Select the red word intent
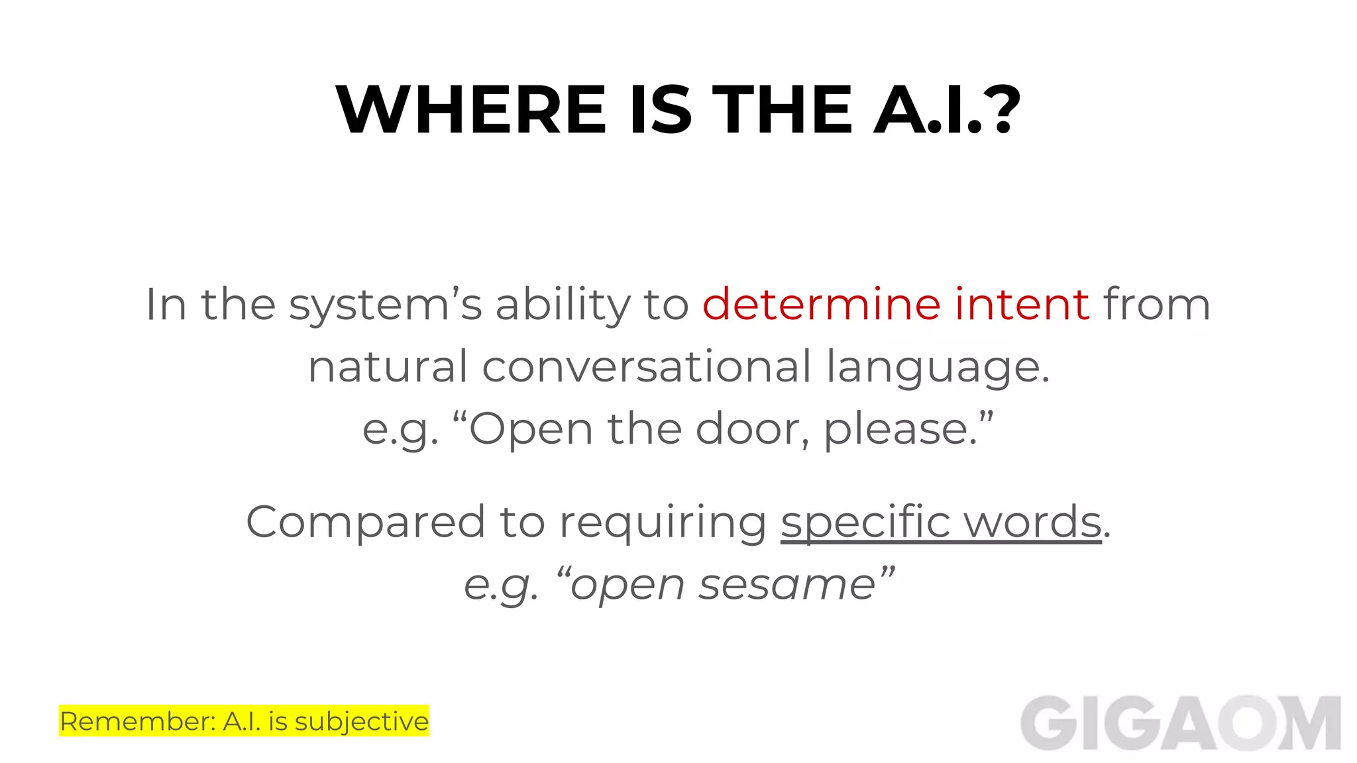pyautogui.click(x=1022, y=305)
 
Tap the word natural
pyautogui.click(x=388, y=367)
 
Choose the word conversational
pyautogui.click(x=646, y=367)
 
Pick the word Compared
pyautogui.click(x=366, y=522)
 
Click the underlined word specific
pyautogui.click(x=865, y=522)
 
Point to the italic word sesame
pyautogui.click(x=787, y=585)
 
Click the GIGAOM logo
pyautogui.click(x=1180, y=723)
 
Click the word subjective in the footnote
pyautogui.click(x=361, y=721)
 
